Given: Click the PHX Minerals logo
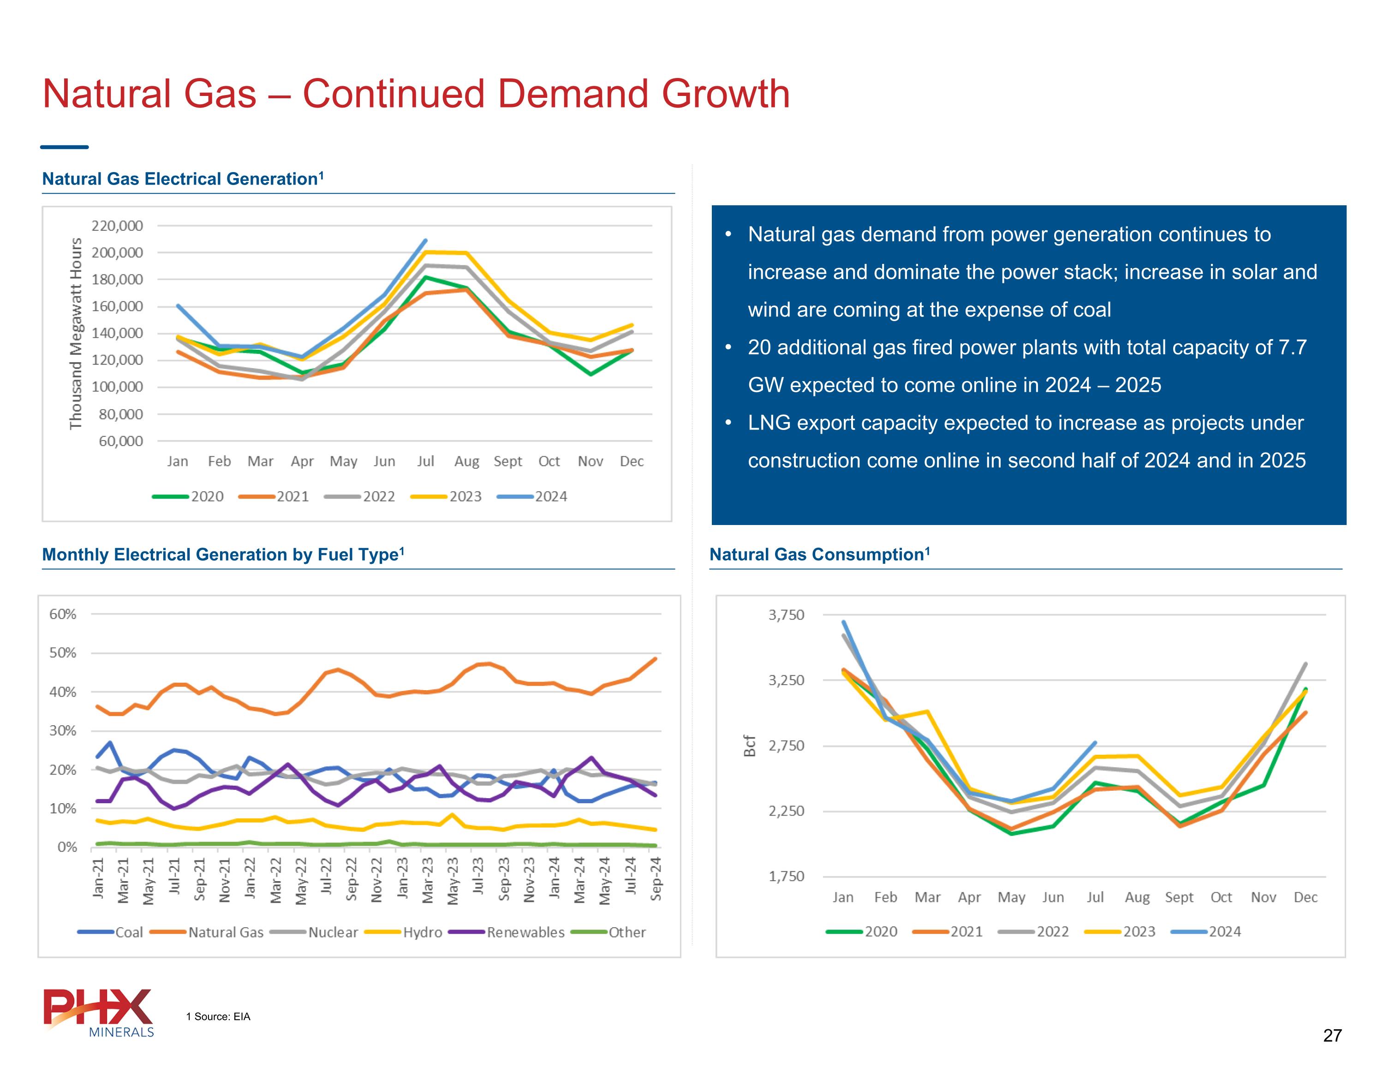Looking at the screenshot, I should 99,1012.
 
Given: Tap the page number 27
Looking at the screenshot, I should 1332,1036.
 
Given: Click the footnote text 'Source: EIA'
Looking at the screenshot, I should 222,1017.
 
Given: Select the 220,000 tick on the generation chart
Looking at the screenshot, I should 117,226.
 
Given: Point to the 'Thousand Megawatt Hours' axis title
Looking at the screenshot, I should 76,334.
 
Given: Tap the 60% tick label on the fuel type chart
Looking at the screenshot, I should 63,614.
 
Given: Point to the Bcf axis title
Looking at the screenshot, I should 750,746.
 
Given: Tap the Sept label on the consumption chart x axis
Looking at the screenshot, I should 1179,897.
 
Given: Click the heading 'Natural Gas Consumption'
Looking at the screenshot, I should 816,555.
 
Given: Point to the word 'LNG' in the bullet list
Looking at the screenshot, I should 769,423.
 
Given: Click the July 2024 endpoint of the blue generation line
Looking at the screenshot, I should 425,240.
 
